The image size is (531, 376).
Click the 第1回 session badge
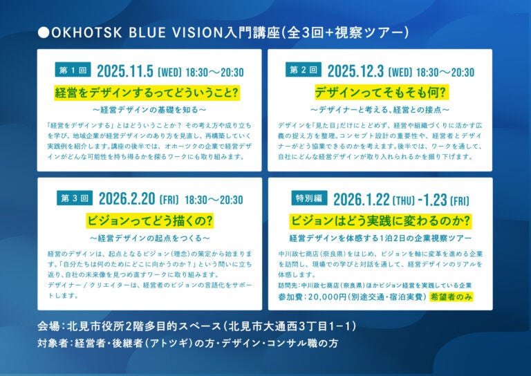tap(73, 70)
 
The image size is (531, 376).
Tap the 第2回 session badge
tap(304, 70)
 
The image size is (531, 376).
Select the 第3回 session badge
tap(75, 198)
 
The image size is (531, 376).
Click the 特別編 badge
tap(309, 198)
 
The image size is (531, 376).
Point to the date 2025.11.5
tap(125, 71)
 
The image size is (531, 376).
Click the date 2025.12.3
tap(355, 71)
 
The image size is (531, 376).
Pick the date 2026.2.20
tap(127, 199)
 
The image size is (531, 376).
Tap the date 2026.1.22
tap(362, 200)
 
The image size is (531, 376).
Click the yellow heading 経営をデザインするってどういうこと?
tap(147, 93)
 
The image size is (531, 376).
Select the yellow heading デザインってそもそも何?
tap(382, 93)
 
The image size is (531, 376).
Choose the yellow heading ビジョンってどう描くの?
tap(150, 220)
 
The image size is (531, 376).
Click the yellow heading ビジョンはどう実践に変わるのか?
tap(381, 220)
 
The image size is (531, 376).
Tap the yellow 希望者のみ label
tap(451, 297)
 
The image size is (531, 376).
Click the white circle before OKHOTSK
tap(44, 32)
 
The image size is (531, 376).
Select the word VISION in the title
tap(197, 32)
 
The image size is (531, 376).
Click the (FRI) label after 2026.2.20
tap(169, 200)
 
